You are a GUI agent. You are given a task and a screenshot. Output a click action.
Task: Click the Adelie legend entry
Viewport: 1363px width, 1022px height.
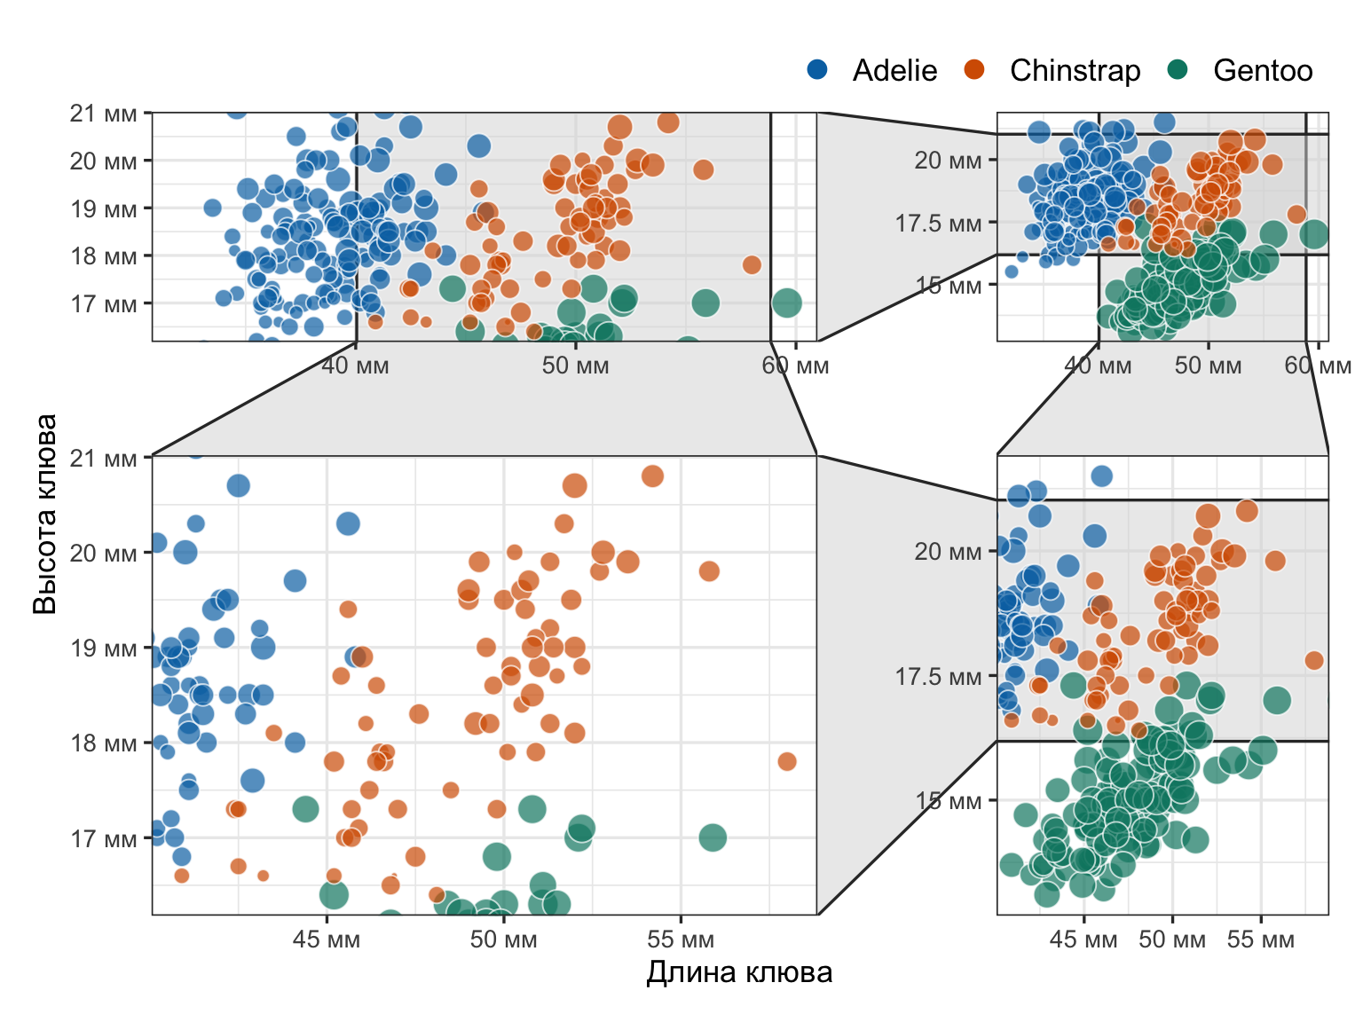[894, 70]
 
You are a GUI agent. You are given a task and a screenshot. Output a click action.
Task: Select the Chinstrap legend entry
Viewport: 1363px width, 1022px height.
[1074, 70]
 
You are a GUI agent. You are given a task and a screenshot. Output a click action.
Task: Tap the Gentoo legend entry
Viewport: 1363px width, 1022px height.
[1262, 70]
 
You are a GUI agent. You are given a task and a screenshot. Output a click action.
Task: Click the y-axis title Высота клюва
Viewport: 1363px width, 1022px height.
[44, 514]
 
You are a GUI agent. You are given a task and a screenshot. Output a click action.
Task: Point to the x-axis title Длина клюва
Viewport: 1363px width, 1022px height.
[739, 972]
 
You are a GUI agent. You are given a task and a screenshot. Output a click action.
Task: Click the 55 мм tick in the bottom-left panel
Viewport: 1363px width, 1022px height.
[681, 939]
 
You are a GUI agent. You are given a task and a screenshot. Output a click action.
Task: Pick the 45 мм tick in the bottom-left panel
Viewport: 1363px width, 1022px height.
[327, 939]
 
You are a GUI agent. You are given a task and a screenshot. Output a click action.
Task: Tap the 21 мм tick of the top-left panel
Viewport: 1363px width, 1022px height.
[104, 113]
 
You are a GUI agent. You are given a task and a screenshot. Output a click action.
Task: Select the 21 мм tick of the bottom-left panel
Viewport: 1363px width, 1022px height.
[104, 459]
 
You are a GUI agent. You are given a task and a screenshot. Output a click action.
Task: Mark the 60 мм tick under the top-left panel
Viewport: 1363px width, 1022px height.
[795, 366]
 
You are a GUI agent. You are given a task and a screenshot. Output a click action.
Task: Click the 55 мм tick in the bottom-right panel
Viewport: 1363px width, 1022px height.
[1260, 939]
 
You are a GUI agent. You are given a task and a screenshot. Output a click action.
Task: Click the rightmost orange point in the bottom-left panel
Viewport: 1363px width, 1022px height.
[787, 761]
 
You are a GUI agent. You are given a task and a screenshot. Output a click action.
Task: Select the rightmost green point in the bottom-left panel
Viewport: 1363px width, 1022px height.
[713, 837]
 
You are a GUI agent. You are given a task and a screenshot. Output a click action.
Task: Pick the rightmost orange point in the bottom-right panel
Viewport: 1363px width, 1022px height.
[1314, 660]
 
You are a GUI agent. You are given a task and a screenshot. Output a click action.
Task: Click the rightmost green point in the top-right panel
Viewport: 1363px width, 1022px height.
[1314, 234]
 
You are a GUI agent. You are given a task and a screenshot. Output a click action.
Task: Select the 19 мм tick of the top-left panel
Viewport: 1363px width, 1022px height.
[104, 208]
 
